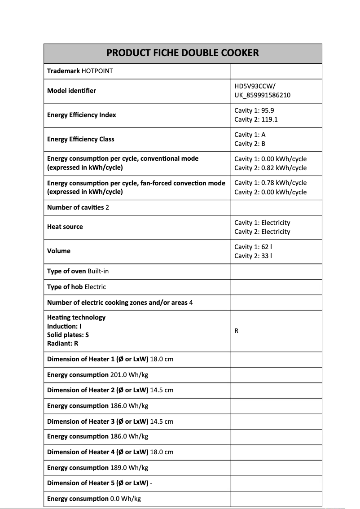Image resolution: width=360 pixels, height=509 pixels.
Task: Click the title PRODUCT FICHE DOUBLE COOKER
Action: coord(182,53)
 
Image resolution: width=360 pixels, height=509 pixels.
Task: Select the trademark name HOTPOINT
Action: coord(97,71)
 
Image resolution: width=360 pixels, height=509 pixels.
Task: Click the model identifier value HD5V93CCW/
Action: coord(255,86)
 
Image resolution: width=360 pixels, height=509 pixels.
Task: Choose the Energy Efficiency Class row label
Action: coord(80,139)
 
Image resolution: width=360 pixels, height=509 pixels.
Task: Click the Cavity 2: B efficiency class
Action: coord(250,144)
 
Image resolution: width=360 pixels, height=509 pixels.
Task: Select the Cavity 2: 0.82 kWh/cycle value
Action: coord(270,168)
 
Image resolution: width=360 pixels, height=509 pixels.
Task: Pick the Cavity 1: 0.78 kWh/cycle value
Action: coord(270,183)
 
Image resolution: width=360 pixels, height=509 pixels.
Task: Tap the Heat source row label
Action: coord(65,227)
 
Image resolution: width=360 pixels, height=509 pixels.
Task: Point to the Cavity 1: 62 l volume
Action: coord(251,247)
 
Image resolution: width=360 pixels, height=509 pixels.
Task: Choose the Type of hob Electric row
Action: coord(76,287)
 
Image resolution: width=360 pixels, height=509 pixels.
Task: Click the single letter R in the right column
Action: coord(237,331)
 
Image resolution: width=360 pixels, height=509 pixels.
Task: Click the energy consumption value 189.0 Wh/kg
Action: coord(129,468)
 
